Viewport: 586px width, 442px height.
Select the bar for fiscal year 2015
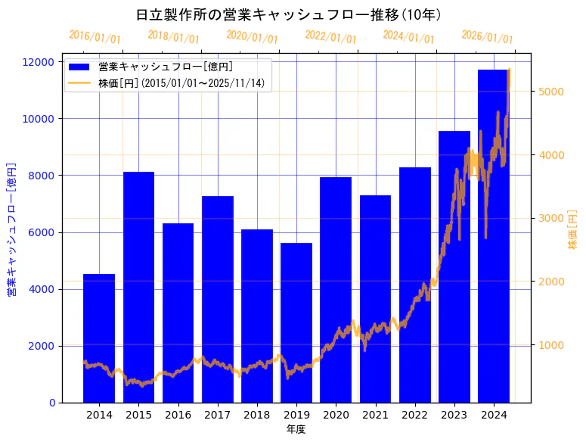click(x=138, y=287)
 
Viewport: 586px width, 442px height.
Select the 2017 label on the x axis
click(x=217, y=415)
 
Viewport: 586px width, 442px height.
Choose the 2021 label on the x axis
click(x=375, y=415)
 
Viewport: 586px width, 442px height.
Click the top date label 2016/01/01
click(x=95, y=37)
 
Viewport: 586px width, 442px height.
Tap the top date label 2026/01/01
click(x=487, y=37)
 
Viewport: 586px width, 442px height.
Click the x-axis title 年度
click(x=296, y=429)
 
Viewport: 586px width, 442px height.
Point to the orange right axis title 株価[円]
click(x=573, y=231)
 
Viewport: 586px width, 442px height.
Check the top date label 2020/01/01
click(x=252, y=37)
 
